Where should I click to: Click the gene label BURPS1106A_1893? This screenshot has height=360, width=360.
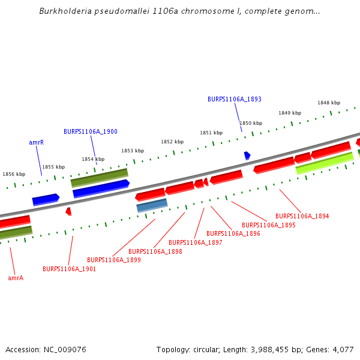tap(235, 99)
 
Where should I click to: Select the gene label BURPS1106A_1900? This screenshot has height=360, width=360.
tap(91, 131)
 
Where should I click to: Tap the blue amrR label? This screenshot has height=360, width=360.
tap(37, 143)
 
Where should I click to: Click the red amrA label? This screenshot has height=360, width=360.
tap(16, 278)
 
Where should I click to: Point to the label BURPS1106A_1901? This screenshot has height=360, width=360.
tap(70, 269)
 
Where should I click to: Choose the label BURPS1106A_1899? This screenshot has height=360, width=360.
tap(114, 260)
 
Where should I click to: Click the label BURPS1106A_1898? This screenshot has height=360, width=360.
tap(155, 251)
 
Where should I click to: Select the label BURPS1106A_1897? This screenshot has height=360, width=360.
tap(196, 242)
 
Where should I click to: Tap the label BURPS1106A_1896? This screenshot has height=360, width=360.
tap(233, 233)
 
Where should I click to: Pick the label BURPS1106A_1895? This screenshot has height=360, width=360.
tap(269, 225)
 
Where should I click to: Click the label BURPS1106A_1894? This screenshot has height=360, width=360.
tap(302, 216)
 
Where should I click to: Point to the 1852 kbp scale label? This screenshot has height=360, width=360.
tap(172, 142)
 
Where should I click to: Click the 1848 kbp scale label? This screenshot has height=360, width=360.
tap(329, 103)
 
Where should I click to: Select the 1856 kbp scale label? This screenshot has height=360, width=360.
tap(14, 174)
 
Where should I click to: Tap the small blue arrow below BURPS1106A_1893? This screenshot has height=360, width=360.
tap(247, 155)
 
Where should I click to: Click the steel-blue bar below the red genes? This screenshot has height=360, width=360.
tap(152, 206)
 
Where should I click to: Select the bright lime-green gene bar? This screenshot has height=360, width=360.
tap(325, 163)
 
